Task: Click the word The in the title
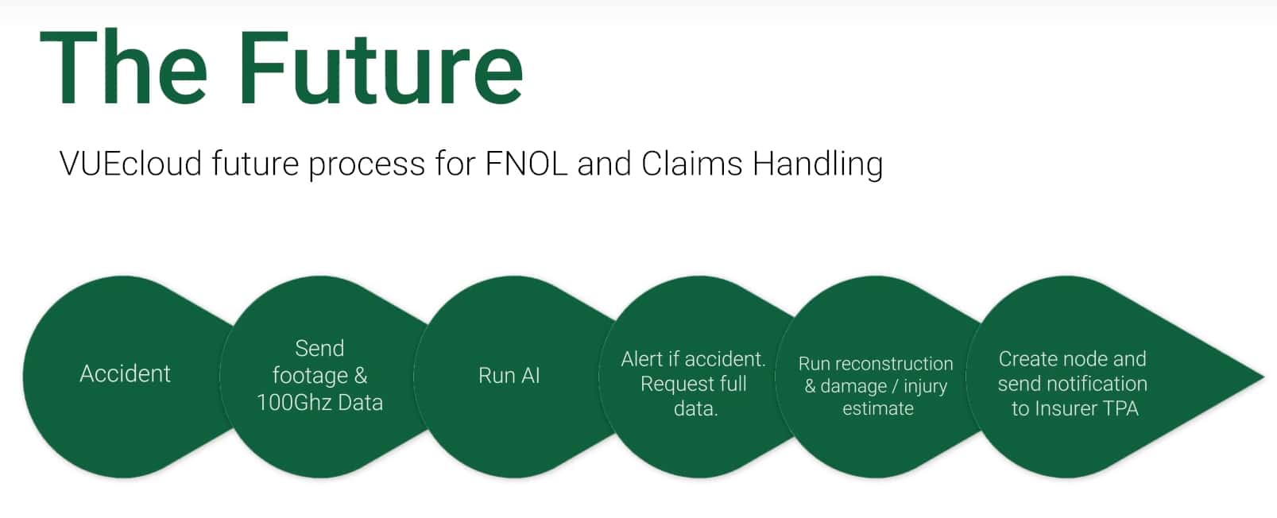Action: click(123, 68)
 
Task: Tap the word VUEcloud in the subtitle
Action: click(130, 164)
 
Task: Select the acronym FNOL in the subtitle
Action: click(526, 164)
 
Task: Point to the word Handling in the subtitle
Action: click(818, 165)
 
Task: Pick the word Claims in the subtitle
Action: click(691, 164)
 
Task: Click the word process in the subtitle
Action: click(366, 166)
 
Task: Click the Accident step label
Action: click(125, 374)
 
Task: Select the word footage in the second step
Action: click(310, 376)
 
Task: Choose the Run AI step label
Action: click(509, 376)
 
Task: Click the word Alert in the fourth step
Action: click(642, 359)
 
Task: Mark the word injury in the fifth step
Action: click(925, 387)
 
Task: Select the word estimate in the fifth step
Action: click(878, 408)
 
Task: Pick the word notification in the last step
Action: click(1097, 384)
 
